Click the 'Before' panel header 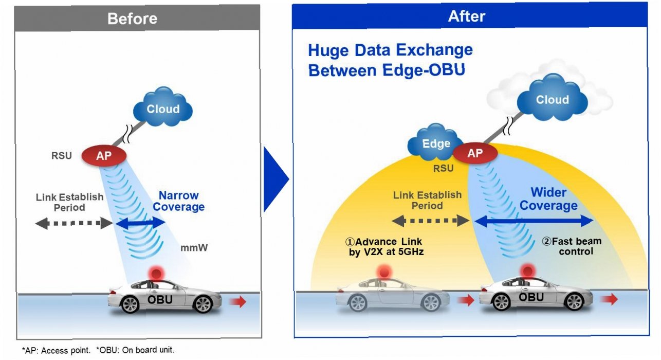pos(132,19)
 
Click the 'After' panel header pos(466,16)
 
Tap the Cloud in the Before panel pos(163,109)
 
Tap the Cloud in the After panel pos(552,100)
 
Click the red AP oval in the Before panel pos(104,155)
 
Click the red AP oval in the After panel pos(474,153)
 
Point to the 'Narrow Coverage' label pos(178,201)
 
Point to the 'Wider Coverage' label pos(548,199)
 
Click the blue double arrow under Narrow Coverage pos(140,223)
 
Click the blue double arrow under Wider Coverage pos(534,221)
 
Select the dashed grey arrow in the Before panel pos(74,223)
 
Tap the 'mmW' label pos(194,248)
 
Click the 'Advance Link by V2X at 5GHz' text pos(385,247)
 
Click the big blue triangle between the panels pos(276,179)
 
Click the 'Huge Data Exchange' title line pos(390,50)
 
